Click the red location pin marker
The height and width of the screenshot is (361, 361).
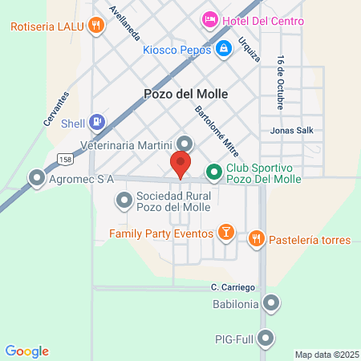pos(180,164)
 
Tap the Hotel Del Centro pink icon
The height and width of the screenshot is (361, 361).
pos(209,18)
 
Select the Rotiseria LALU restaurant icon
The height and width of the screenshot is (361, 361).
pos(96,25)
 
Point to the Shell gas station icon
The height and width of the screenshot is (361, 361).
pos(96,122)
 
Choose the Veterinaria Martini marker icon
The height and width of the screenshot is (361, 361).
pos(185,144)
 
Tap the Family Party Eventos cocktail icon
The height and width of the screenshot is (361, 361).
pos(226,233)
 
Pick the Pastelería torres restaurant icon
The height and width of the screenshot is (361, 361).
pos(256,237)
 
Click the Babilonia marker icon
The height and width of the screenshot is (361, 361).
pos(272,304)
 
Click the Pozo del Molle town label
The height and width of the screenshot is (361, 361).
pos(185,94)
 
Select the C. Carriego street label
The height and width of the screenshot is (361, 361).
pos(233,286)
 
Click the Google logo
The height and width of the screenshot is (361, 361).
pos(27,351)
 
